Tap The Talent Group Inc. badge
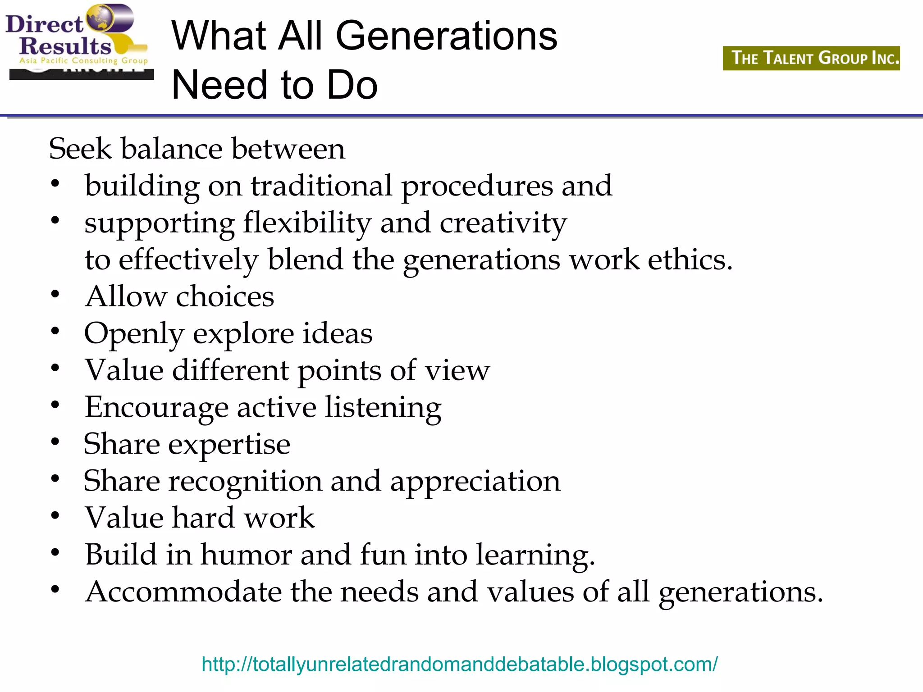[x=811, y=58]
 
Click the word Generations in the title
[x=446, y=36]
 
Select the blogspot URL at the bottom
[x=459, y=664]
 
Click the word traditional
[x=321, y=186]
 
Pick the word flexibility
[x=307, y=223]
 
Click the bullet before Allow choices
[x=55, y=295]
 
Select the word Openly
[x=134, y=334]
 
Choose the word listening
[x=383, y=408]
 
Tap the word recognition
[x=245, y=482]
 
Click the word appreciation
[x=475, y=482]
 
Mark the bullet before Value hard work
[x=55, y=515]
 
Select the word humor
[x=246, y=555]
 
